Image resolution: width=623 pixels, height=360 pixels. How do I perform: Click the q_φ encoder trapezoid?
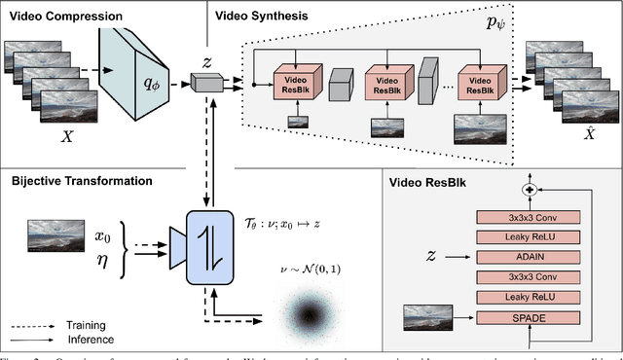pos(140,85)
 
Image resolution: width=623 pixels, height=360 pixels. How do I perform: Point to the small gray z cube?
pos(205,86)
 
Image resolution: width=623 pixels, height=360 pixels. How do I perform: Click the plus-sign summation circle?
pos(531,190)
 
